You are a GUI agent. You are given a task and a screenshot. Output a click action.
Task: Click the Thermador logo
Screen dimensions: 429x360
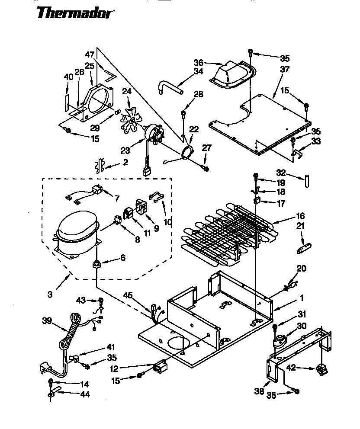75,13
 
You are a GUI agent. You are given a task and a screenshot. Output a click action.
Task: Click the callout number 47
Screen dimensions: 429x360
90,55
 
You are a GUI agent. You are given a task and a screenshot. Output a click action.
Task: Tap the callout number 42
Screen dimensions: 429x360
292,368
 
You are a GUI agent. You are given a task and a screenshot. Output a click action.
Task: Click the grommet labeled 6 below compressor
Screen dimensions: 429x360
96,264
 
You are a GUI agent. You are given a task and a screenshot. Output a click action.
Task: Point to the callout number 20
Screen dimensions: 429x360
301,269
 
